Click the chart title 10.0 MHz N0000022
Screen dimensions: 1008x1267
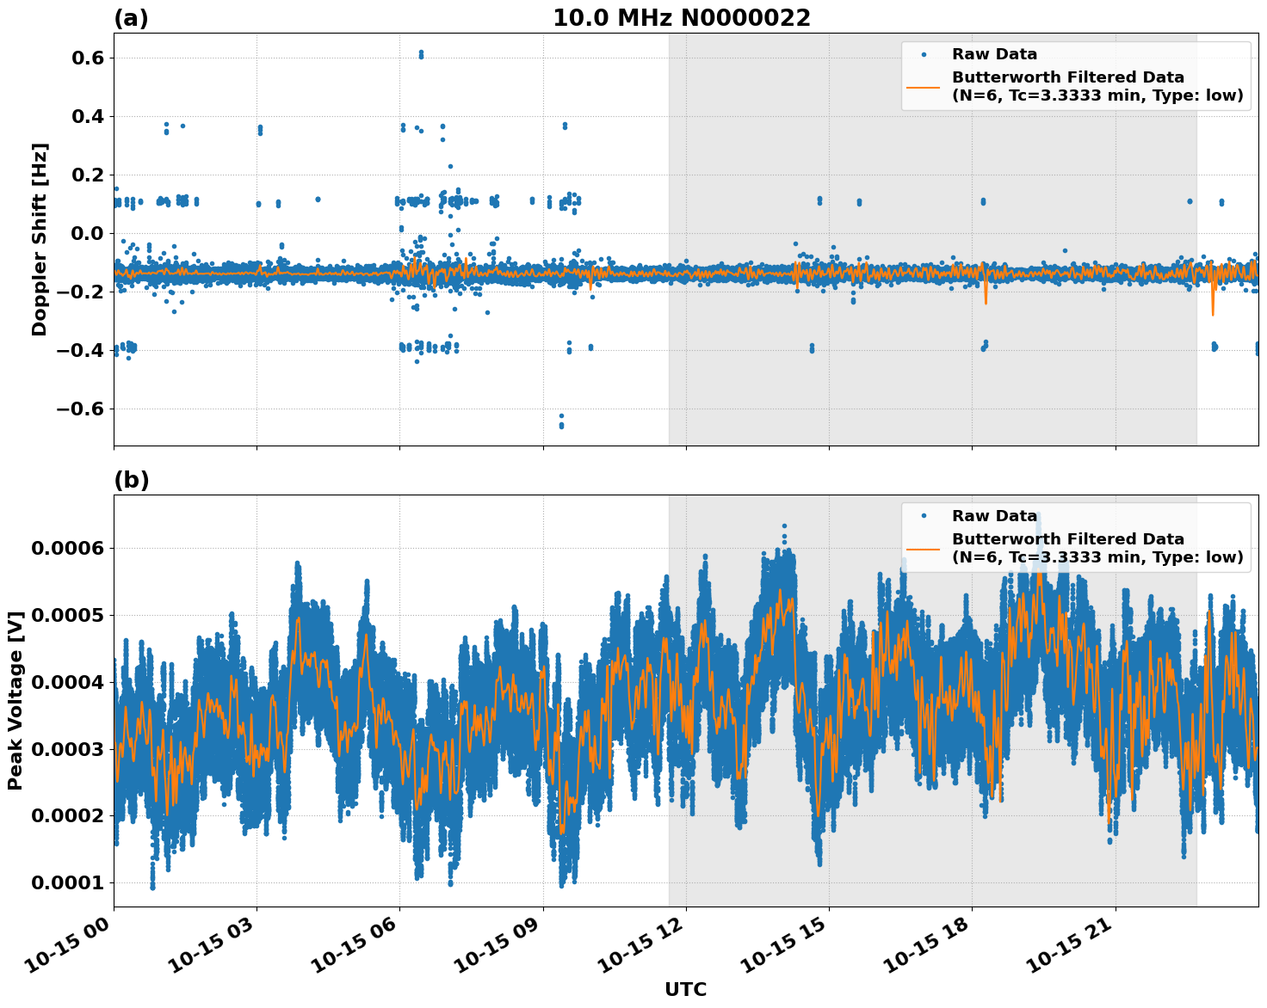coord(681,18)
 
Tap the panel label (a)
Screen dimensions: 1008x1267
coord(131,18)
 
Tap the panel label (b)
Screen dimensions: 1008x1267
coord(131,480)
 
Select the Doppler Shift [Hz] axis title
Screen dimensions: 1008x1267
coord(40,239)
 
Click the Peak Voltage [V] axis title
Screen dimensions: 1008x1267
coord(15,700)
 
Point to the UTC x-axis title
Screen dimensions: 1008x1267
coord(685,989)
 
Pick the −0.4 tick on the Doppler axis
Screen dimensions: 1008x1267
coord(79,351)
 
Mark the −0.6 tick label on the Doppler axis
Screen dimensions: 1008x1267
coord(79,409)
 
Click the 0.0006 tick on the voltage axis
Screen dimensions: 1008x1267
coord(67,549)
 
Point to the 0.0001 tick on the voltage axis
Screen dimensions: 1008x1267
coord(67,883)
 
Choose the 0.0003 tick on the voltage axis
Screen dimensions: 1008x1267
coord(67,749)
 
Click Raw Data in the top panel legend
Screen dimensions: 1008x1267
coord(994,54)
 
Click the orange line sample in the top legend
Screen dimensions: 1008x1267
coord(923,87)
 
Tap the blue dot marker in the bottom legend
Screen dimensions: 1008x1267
coord(923,516)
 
